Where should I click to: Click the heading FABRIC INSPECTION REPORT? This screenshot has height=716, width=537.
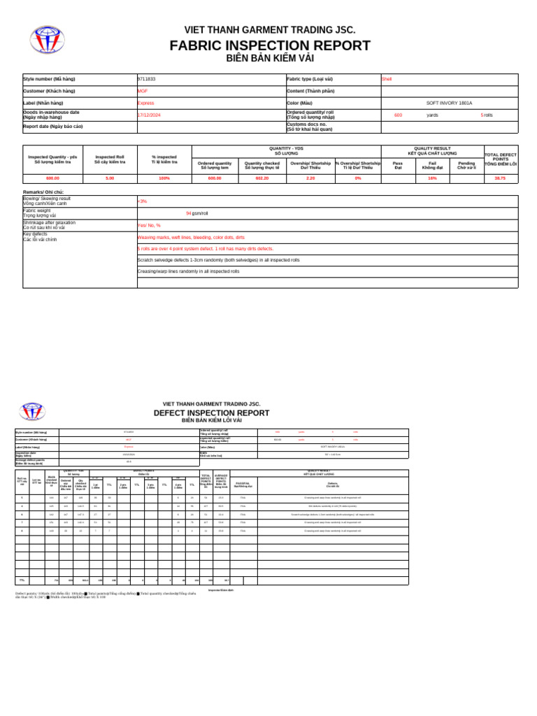270,46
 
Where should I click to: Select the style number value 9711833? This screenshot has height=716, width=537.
147,79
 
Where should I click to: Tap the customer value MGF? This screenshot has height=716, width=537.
143,91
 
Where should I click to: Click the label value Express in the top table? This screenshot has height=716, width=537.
145,103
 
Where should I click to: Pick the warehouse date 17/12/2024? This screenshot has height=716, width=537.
149,115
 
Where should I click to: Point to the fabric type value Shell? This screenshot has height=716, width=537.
387,79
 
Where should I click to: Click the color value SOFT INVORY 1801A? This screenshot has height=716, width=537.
449,103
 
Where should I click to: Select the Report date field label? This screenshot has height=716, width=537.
53,127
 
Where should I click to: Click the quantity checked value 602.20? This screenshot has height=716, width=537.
262,178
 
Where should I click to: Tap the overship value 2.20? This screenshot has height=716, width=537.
310,178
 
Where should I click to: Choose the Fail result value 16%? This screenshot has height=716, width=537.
432,178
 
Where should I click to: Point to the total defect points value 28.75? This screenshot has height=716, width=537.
500,178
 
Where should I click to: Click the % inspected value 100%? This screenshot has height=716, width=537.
164,178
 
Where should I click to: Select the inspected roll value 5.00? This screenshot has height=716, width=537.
110,178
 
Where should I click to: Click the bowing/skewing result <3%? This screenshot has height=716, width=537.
143,201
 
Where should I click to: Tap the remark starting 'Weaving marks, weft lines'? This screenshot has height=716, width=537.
191,237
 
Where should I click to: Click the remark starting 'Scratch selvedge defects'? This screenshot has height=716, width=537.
218,259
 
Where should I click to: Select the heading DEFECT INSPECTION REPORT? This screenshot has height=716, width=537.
211,413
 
